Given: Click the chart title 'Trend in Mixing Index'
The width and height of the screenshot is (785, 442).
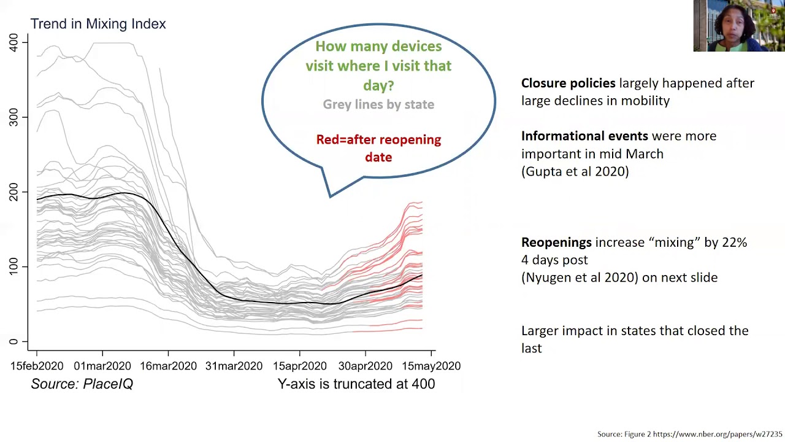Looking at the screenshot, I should [98, 24].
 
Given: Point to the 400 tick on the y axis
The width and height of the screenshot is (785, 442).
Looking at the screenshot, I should [13, 42].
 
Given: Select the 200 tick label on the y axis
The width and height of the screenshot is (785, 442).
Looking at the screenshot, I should [13, 192].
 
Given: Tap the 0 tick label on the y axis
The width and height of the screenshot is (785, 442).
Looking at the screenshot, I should [13, 341].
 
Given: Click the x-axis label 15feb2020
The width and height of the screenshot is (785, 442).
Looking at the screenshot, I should [37, 366].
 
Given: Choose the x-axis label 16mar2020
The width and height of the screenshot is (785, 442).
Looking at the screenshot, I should [168, 366].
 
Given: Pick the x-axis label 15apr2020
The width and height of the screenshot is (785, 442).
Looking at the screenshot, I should [299, 366].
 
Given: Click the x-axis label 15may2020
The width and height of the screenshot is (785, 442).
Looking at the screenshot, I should [431, 366].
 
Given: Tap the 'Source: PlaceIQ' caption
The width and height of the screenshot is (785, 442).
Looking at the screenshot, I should [82, 384].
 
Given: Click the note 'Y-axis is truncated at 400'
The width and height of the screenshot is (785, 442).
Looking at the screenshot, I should [356, 384].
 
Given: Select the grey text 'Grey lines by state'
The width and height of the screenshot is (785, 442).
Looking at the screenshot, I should [378, 104].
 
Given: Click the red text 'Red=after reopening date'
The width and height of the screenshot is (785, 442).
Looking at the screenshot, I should [378, 148].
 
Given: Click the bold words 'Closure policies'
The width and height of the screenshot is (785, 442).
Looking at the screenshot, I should [568, 83].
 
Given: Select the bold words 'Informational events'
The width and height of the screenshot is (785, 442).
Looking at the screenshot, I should [584, 136].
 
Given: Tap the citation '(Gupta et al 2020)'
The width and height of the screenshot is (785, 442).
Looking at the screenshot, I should [575, 172].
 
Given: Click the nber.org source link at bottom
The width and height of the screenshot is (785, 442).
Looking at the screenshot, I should [718, 435].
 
